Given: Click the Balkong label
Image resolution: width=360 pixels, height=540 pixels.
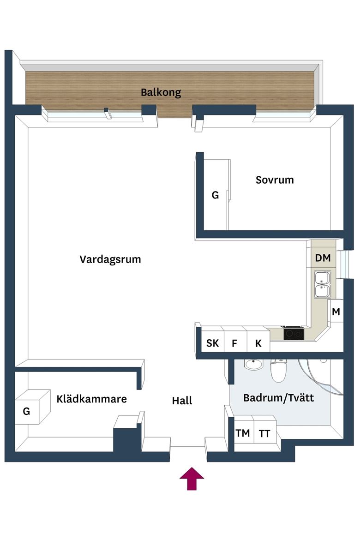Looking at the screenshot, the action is click(x=161, y=92).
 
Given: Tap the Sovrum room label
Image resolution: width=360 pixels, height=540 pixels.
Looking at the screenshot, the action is click(x=275, y=180).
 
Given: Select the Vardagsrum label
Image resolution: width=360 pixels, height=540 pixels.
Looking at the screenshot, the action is click(x=110, y=259).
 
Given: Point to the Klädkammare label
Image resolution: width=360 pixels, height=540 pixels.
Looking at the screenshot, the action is click(x=92, y=399).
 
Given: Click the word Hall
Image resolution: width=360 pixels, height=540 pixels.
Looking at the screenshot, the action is click(x=182, y=401).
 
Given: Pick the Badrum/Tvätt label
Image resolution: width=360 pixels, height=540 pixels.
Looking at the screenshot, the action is click(x=278, y=398).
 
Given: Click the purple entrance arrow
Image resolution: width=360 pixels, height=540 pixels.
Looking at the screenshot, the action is click(x=192, y=478).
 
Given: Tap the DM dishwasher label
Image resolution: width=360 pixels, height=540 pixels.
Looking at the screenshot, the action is click(x=323, y=258).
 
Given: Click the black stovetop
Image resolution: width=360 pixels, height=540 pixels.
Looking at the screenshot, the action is click(x=294, y=333).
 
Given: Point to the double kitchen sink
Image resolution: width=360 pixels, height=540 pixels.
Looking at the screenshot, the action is click(x=323, y=284).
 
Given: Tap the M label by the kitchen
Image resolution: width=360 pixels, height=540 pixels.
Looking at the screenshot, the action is click(x=336, y=312).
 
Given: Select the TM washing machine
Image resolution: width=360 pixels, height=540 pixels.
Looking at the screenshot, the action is click(x=243, y=433).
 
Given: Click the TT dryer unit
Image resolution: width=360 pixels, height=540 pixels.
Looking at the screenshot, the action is click(x=264, y=433).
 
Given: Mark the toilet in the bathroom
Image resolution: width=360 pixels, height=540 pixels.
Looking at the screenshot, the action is click(x=278, y=371).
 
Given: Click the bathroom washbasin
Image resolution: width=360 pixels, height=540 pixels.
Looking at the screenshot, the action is click(x=253, y=364).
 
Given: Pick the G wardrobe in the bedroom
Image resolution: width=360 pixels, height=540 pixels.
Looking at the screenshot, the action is click(x=216, y=195).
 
